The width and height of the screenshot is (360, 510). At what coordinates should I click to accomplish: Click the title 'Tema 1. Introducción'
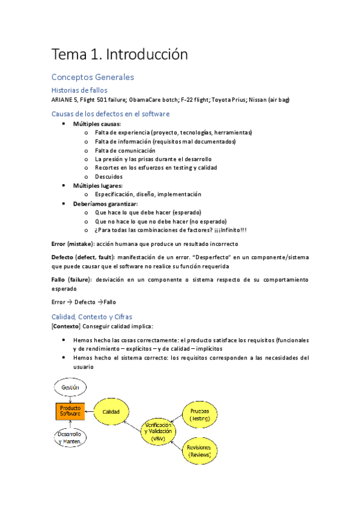(x=120, y=55)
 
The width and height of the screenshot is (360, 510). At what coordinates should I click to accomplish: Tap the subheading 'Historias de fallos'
(x=79, y=90)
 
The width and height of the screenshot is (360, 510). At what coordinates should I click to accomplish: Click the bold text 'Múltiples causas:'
(x=97, y=124)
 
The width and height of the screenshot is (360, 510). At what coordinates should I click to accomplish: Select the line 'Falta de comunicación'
(x=125, y=150)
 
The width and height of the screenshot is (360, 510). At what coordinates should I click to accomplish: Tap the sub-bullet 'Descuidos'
(x=109, y=177)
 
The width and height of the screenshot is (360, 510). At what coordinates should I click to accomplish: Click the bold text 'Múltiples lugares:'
(x=98, y=186)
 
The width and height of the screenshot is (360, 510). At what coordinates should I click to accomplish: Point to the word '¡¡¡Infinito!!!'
(x=226, y=230)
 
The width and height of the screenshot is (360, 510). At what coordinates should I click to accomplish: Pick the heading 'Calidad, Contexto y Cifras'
(x=92, y=316)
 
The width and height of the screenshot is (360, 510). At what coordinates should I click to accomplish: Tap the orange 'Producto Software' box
(x=71, y=411)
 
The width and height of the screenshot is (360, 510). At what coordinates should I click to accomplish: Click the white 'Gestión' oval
(x=71, y=388)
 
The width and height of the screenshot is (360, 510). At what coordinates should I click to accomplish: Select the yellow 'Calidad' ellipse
(x=112, y=412)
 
